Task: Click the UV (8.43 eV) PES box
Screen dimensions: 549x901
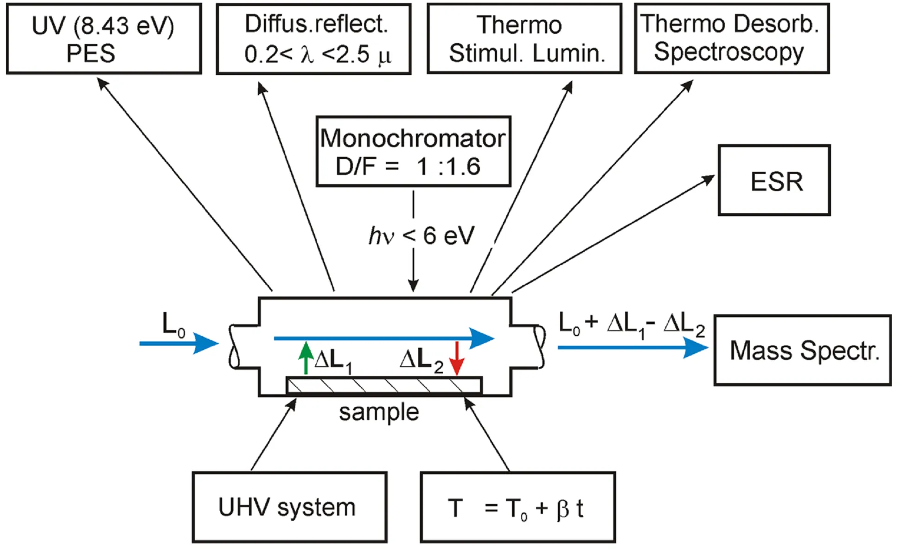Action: (104, 39)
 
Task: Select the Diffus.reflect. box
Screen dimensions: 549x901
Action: (314, 39)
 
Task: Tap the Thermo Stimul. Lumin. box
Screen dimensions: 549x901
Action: (524, 39)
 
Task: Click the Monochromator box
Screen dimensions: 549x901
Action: (413, 152)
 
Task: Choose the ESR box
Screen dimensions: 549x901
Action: (774, 180)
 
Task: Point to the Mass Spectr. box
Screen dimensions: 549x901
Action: (802, 351)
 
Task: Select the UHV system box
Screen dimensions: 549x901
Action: (290, 507)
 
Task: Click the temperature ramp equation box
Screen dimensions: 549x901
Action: (518, 508)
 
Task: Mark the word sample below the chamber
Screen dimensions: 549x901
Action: (379, 412)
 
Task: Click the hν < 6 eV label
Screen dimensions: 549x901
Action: (421, 236)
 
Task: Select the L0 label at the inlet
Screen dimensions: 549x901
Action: (173, 324)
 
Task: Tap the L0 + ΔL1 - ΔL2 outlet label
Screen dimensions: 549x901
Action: (632, 324)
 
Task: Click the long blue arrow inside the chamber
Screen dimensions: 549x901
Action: (384, 338)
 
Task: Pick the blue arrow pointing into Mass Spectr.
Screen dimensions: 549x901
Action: (633, 347)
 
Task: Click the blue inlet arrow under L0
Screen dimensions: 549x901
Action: (179, 344)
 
